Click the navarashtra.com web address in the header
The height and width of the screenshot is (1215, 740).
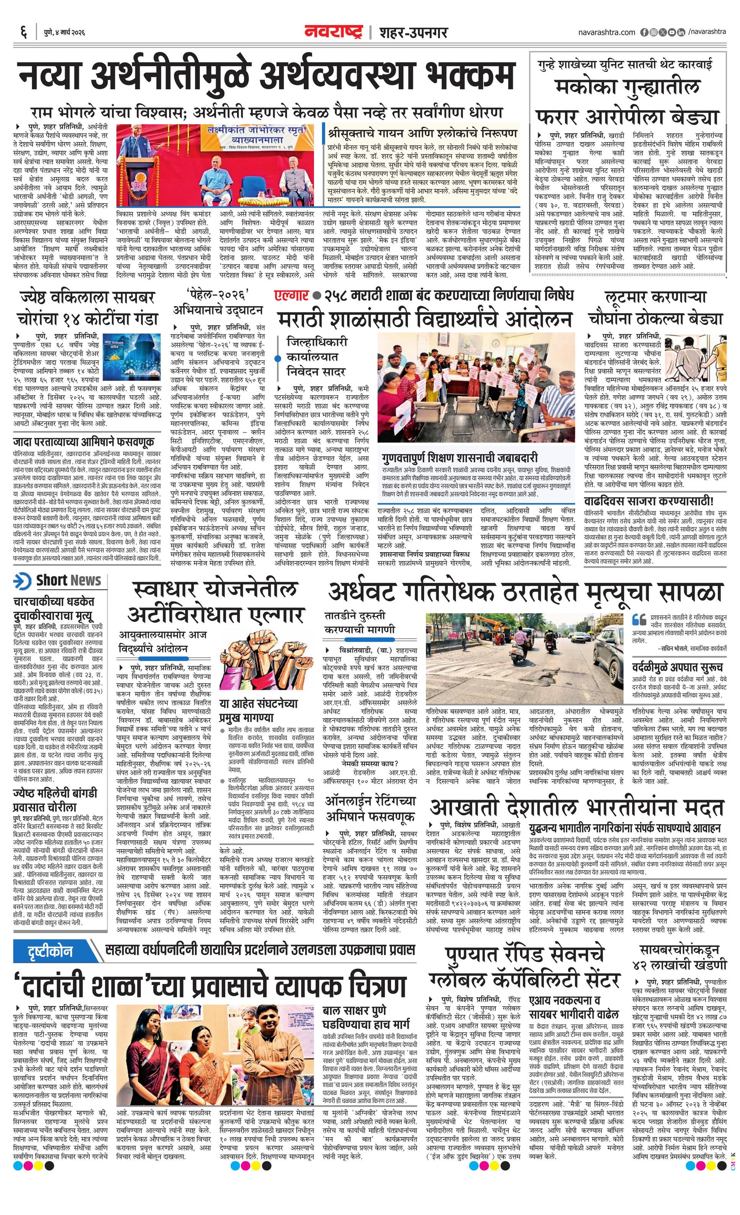(606, 33)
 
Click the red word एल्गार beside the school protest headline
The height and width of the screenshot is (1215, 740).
(291, 295)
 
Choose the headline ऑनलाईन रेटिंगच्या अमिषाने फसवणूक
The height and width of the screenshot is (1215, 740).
(370, 808)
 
